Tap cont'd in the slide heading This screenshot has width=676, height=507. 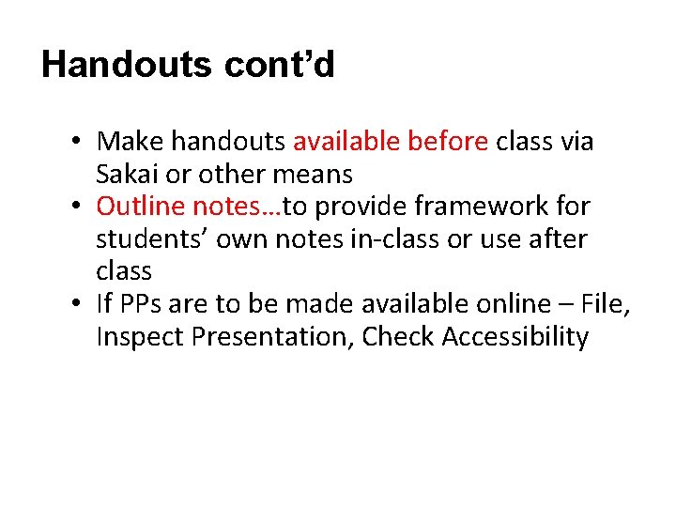pyautogui.click(x=278, y=65)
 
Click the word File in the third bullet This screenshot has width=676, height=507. pyautogui.click(x=607, y=303)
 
